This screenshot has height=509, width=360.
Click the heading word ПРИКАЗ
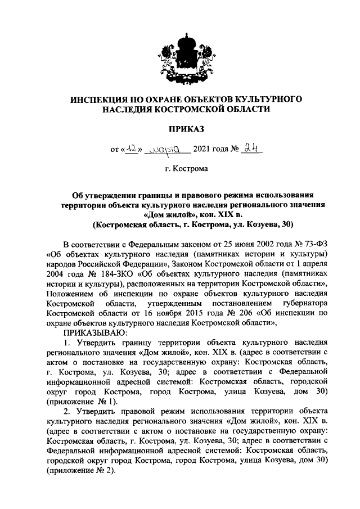[185, 130]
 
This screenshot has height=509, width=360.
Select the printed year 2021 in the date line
[202, 150]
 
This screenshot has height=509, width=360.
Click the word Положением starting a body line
[73, 294]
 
